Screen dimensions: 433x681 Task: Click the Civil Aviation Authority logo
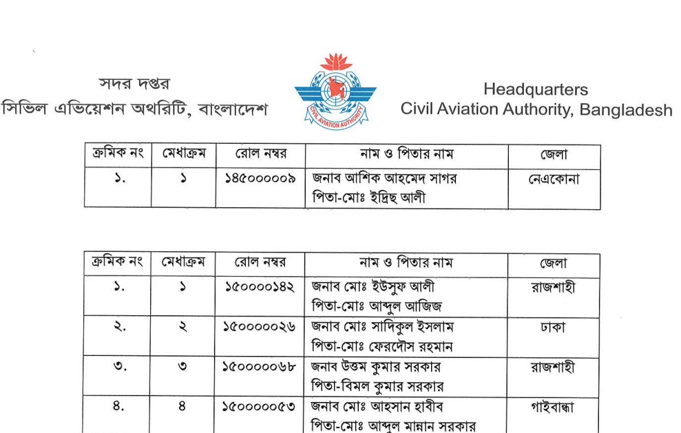(x=335, y=93)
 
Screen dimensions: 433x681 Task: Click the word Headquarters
(x=535, y=89)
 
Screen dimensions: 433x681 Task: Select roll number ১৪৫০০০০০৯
(x=260, y=178)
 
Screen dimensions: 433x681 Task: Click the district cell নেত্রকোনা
(x=554, y=179)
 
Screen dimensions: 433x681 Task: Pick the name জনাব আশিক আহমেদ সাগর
(x=384, y=178)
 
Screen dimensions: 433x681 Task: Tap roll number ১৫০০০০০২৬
(x=260, y=327)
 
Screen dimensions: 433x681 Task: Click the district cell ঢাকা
(x=554, y=328)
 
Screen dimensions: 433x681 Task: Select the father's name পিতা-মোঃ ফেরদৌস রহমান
(x=381, y=346)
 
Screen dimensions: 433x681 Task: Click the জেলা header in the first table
(x=554, y=155)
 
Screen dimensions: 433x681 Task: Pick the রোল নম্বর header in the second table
(x=260, y=264)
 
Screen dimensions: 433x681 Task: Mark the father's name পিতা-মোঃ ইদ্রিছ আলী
(x=368, y=199)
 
